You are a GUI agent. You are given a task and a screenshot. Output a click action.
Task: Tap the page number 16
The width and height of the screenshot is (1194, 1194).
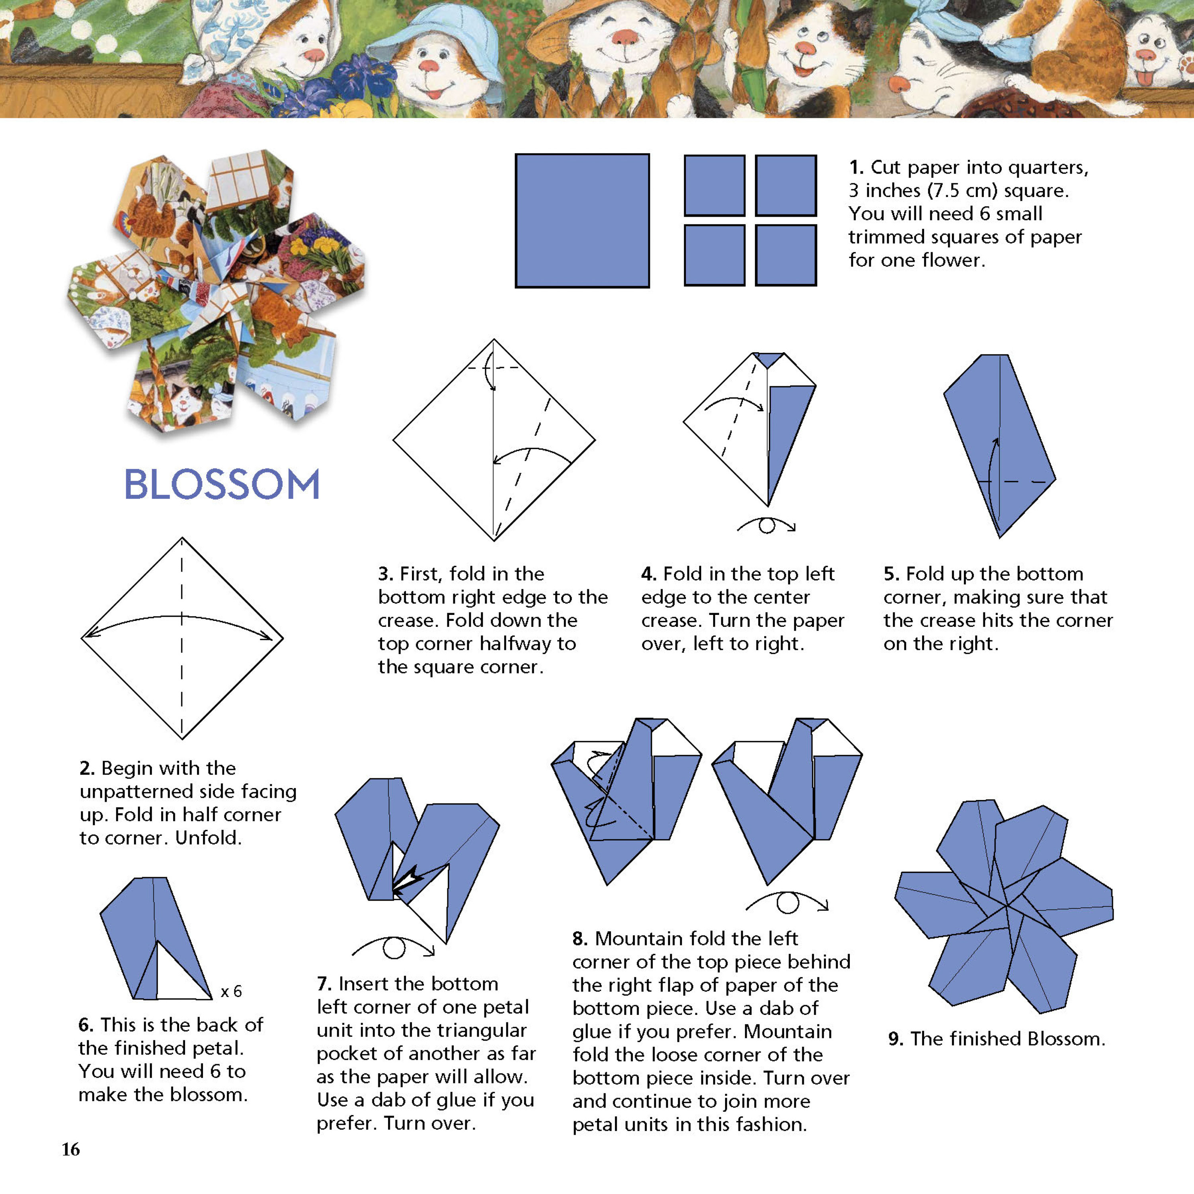pyautogui.click(x=70, y=1149)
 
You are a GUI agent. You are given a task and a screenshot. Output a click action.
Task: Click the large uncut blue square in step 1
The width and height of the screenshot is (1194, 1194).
pyautogui.click(x=582, y=220)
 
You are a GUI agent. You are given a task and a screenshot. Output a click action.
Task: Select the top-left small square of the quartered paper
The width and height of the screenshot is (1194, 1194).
pyautogui.click(x=714, y=185)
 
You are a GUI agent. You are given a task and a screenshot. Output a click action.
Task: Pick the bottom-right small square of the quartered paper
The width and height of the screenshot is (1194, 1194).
pyautogui.click(x=786, y=255)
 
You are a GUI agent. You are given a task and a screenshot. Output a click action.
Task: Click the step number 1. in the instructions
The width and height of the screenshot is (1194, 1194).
pyautogui.click(x=856, y=168)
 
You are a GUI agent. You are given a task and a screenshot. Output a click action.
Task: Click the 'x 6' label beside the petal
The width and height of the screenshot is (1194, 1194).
pyautogui.click(x=231, y=992)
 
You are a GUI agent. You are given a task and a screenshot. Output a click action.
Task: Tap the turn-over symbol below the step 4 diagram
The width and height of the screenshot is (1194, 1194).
pyautogui.click(x=766, y=525)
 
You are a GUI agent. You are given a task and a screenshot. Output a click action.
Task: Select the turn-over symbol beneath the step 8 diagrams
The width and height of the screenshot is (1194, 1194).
pyautogui.click(x=787, y=903)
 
